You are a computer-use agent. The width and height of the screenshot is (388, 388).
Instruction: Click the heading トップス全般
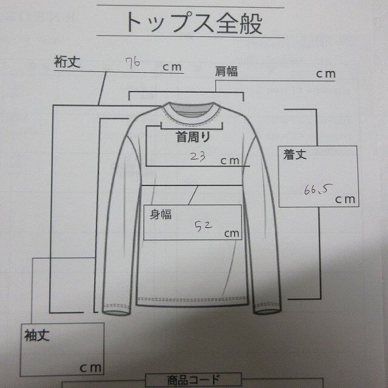point(194,24)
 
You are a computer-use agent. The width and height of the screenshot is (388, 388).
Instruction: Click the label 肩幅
point(226,72)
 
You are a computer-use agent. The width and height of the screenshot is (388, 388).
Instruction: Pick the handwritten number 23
point(197,156)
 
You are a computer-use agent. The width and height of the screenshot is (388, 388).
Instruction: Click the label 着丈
point(295,156)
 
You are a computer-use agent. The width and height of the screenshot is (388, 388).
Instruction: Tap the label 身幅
point(161,213)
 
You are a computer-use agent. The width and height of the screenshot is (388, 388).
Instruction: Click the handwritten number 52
point(202,227)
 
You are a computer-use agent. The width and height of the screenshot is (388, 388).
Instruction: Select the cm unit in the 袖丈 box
point(89,367)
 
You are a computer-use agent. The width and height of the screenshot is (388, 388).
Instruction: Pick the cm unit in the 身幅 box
point(232,233)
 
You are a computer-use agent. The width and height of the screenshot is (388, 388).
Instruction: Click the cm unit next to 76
point(172,67)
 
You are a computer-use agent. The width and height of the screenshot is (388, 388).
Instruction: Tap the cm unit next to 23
point(229,161)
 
